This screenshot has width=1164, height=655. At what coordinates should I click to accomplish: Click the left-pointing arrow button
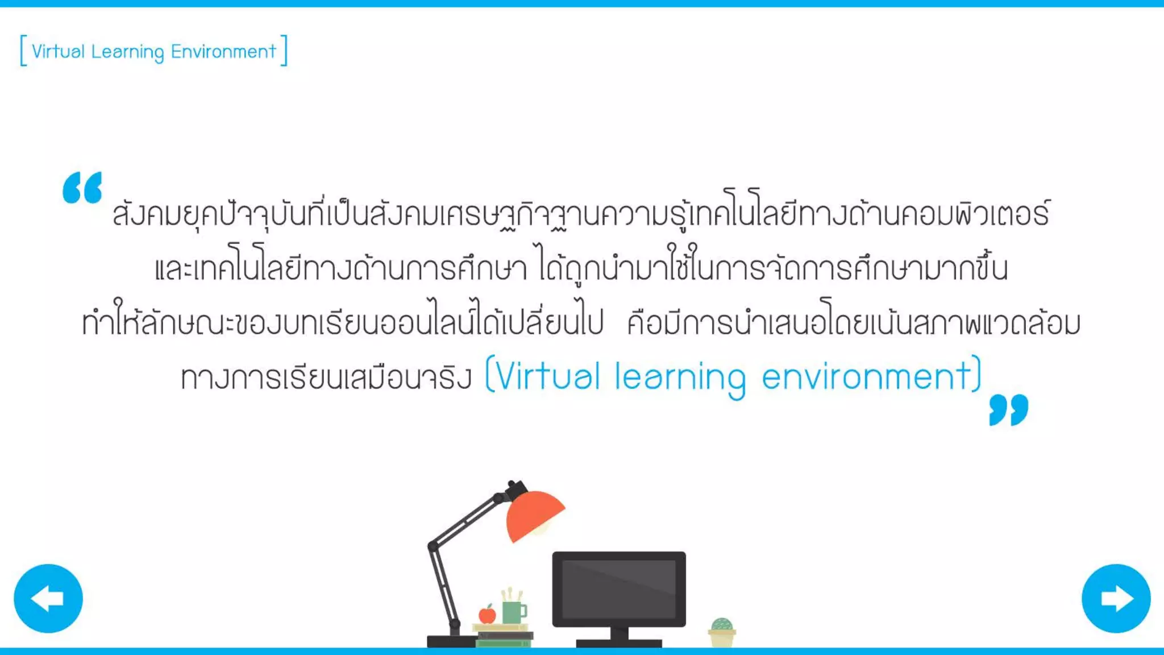[48, 598]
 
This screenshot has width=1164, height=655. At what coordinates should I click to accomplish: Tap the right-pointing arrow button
[1116, 598]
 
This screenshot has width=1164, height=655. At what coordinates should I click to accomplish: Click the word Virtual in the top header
[58, 51]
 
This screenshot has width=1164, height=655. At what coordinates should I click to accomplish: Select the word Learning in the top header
[127, 52]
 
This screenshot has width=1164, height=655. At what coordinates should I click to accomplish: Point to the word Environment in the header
[223, 51]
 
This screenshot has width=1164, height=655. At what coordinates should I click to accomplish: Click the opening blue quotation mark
[82, 187]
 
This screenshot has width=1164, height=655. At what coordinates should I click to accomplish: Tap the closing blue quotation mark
[1008, 409]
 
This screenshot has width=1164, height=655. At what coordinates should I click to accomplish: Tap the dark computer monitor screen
[619, 588]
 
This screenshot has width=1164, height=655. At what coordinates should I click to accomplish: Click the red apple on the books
[487, 614]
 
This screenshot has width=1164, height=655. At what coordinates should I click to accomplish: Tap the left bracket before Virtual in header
[23, 51]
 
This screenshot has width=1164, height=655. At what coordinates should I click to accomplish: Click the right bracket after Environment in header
[284, 51]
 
